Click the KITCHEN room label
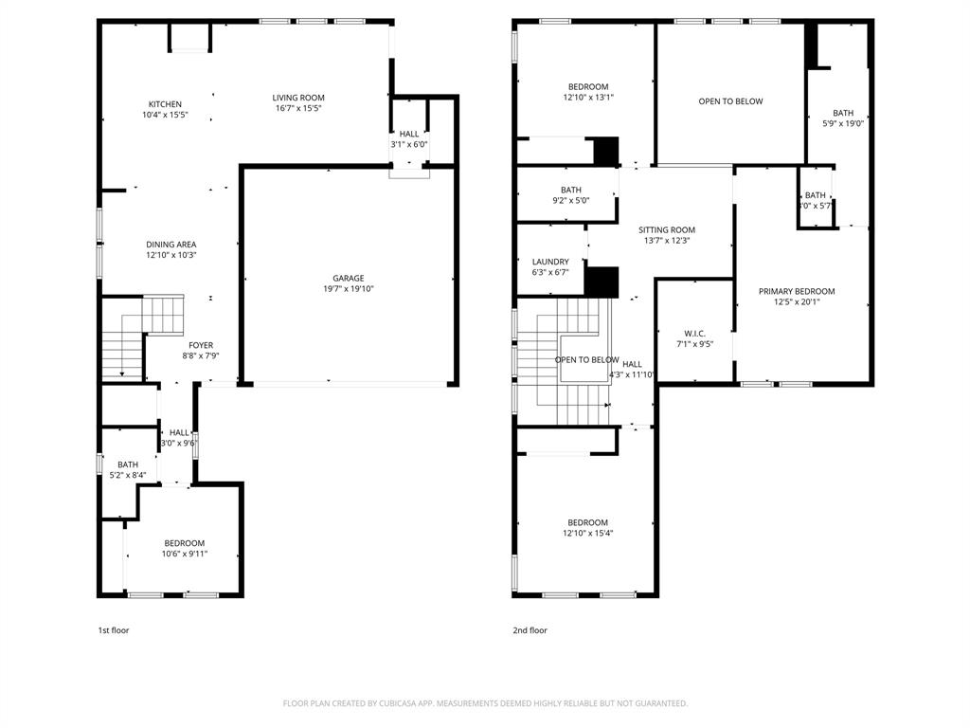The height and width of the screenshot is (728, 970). [165, 104]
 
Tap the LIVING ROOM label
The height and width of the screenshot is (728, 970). [298, 98]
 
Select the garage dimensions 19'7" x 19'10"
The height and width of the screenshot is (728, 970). [349, 289]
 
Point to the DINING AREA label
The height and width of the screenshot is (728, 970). [171, 245]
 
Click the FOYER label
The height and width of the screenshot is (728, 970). [200, 345]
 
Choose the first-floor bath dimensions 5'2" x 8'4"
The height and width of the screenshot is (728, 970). [128, 475]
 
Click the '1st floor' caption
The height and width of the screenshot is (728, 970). [114, 630]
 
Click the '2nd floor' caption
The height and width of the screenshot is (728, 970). [530, 630]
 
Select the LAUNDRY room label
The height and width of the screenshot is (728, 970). [550, 262]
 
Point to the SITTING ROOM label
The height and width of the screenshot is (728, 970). [667, 229]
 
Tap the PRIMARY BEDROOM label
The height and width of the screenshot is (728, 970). [797, 291]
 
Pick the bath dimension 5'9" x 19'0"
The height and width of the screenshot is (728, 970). [842, 123]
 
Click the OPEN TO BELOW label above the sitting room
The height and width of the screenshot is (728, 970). [730, 101]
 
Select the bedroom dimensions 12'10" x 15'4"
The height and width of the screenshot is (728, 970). [587, 534]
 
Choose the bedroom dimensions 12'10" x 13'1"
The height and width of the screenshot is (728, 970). [588, 97]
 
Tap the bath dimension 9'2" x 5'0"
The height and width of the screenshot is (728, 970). [570, 200]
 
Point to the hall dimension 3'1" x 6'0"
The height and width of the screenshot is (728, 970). [409, 144]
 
